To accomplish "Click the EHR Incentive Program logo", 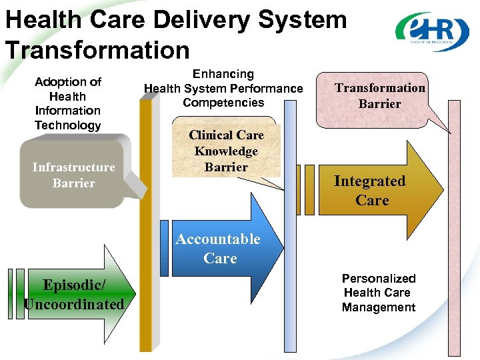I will click(431, 31).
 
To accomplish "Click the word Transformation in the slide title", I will click(97, 49).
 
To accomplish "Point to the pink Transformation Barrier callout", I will click(380, 96).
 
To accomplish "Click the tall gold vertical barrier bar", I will click(146, 267).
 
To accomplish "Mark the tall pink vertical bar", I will click(454, 267).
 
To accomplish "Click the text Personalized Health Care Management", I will click(378, 293).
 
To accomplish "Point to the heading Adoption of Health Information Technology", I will click(67, 103).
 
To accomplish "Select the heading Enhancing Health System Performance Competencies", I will click(223, 88).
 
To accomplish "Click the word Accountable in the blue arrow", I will click(218, 239).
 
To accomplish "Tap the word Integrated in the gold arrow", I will click(369, 181).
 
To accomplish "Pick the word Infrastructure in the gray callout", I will click(73, 167).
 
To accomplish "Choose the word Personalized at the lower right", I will click(378, 279).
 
